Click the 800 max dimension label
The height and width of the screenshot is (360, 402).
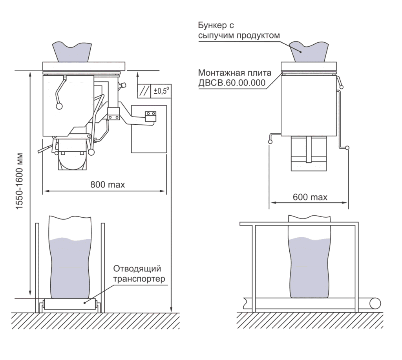108,185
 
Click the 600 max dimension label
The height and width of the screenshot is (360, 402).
310,197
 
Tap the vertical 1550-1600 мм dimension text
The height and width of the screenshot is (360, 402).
20,181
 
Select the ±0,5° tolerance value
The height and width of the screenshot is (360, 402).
161,91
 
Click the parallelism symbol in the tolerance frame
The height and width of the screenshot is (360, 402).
144,91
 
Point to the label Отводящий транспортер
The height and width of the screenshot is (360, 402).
139,273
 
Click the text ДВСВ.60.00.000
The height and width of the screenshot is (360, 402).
232,83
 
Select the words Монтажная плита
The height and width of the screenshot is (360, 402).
235,73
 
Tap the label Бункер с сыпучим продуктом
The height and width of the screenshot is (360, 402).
239,30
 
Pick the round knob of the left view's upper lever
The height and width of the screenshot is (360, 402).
59,106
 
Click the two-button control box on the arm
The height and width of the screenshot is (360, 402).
150,116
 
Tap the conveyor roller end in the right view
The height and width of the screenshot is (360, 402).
375,304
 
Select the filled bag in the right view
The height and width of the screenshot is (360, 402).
309,256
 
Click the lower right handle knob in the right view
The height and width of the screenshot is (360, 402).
347,148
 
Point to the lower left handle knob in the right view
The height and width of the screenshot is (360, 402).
270,142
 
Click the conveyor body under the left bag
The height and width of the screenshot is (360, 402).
70,304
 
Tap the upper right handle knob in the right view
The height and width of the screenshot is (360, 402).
342,87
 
